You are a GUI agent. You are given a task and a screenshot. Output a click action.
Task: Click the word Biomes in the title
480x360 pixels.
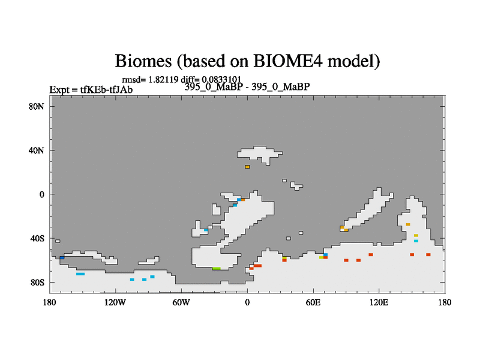pyautogui.click(x=143, y=61)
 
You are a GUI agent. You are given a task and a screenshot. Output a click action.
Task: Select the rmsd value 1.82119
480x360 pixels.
pyautogui.click(x=163, y=80)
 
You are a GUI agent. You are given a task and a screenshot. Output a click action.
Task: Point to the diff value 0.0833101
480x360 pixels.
pyautogui.click(x=221, y=80)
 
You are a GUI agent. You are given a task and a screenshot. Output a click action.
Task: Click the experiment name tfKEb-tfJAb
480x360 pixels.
pyautogui.click(x=106, y=89)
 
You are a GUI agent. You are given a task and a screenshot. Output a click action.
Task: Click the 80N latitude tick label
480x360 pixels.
pyautogui.click(x=37, y=107)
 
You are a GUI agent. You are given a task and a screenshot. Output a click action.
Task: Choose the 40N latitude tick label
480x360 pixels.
pyautogui.click(x=37, y=151)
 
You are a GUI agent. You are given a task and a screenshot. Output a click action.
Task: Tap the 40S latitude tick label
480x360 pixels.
pyautogui.click(x=37, y=238)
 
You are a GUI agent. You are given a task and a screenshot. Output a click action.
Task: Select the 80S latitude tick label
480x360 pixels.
pyautogui.click(x=37, y=282)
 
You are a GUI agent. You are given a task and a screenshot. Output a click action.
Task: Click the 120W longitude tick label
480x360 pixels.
pyautogui.click(x=115, y=302)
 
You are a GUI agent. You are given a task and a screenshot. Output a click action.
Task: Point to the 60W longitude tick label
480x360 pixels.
pyautogui.click(x=181, y=302)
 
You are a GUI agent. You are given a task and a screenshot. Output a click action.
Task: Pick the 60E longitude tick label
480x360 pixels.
pyautogui.click(x=313, y=302)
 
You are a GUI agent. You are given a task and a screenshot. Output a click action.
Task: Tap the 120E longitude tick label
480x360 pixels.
pyautogui.click(x=379, y=302)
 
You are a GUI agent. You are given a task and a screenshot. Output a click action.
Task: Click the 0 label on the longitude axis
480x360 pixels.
pyautogui.click(x=247, y=302)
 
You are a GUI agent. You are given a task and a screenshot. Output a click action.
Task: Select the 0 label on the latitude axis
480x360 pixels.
pyautogui.click(x=41, y=194)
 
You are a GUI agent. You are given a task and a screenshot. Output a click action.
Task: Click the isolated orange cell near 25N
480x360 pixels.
pyautogui.click(x=247, y=167)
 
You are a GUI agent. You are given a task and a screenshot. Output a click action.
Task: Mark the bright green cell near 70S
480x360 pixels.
pyautogui.click(x=217, y=268)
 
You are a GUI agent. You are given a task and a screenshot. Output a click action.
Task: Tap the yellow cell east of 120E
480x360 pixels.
pyautogui.click(x=416, y=235)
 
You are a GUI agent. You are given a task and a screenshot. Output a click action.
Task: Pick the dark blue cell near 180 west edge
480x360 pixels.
pyautogui.click(x=62, y=257)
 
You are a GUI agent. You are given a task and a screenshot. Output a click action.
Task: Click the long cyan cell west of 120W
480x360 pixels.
pyautogui.click(x=80, y=274)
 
